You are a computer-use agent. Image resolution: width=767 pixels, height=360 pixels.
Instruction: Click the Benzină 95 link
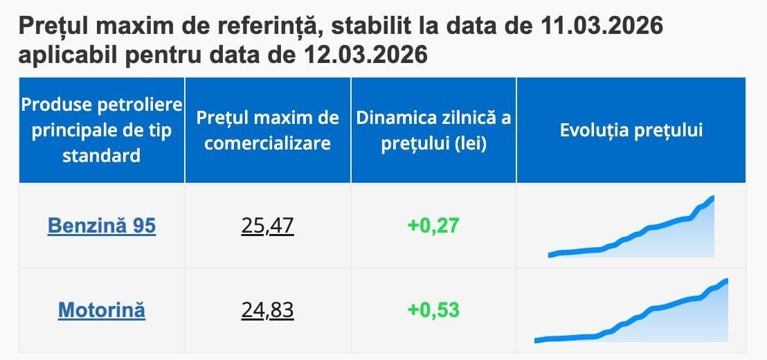pos(102,226)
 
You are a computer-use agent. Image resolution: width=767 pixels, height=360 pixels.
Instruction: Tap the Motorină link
pos(102,309)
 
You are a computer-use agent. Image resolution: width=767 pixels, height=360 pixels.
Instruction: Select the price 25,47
pos(268,226)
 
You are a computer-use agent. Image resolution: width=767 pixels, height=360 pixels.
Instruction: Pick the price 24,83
pos(268,309)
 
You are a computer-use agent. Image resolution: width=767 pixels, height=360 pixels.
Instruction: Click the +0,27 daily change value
pos(433,226)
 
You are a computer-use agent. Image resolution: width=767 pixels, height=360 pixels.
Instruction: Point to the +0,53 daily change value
pos(433,309)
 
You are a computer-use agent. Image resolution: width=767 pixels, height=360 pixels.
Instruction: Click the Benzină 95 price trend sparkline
pos(631,228)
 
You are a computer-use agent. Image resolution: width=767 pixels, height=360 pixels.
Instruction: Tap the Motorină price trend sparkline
pos(631,312)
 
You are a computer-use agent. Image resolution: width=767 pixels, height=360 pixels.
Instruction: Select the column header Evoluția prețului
pos(631,130)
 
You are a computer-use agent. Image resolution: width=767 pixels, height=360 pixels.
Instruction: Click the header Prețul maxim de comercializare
pos(268,130)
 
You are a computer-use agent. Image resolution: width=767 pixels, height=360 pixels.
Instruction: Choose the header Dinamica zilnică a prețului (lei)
pos(433,130)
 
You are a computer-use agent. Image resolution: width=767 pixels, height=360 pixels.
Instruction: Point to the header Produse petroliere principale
pos(102,118)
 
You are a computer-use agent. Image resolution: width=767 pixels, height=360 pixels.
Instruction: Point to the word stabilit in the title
pos(387,27)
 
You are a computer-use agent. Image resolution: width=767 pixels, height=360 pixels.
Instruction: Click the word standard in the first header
pos(102,155)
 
